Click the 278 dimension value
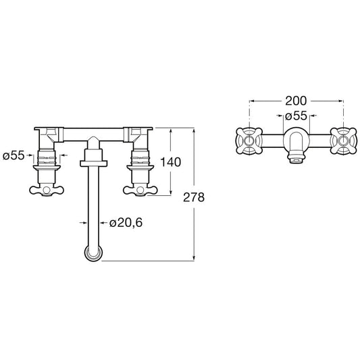(194, 197)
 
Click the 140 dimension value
(170, 162)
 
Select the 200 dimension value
(296, 101)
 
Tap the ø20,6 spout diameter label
(126, 222)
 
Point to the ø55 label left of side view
(14, 155)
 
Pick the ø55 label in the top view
(297, 115)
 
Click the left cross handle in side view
(47, 190)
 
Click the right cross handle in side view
(140, 190)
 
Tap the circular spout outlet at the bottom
(93, 253)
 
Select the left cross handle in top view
(249, 140)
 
